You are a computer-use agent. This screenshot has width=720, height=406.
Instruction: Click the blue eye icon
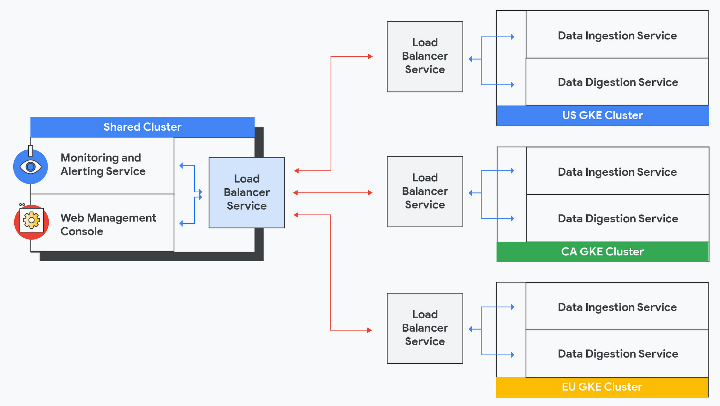(30, 167)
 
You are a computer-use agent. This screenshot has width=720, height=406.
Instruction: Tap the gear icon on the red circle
(32, 220)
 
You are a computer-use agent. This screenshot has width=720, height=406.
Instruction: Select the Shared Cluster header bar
(142, 127)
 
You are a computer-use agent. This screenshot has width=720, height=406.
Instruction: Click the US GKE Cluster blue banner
(602, 115)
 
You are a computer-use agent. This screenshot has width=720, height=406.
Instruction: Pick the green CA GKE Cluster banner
(602, 252)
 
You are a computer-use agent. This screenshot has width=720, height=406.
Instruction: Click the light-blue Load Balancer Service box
(247, 193)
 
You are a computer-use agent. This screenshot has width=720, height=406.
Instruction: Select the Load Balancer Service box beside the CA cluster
(425, 191)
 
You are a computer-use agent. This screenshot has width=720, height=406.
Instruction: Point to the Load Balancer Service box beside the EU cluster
(425, 328)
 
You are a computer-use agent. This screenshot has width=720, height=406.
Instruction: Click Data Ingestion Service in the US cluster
(617, 36)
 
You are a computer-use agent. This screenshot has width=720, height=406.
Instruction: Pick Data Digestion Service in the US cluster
(618, 82)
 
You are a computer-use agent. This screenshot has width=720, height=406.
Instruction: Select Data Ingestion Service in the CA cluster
(617, 172)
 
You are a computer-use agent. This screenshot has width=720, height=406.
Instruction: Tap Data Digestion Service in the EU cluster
(618, 354)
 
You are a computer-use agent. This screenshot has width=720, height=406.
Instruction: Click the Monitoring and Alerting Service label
(103, 165)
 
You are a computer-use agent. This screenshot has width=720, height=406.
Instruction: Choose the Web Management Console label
(108, 225)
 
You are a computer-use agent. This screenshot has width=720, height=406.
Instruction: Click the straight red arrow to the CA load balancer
(332, 193)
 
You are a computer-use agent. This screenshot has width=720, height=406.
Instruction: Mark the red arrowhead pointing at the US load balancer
(370, 57)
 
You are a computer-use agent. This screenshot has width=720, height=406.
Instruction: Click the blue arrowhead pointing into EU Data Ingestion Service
(512, 307)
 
